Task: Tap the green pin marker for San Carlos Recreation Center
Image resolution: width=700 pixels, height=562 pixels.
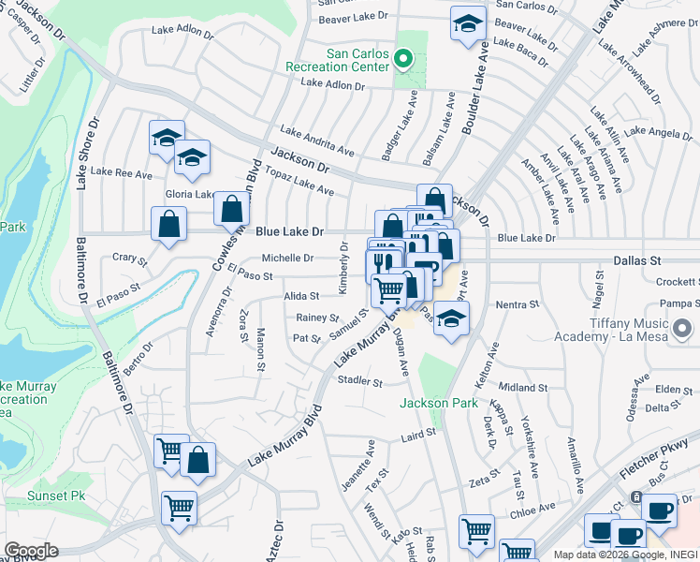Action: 403,60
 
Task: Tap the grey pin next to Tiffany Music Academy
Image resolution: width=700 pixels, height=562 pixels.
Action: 684,329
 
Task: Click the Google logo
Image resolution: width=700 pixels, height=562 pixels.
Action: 31,551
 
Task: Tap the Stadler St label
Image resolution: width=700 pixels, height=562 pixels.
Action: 360,381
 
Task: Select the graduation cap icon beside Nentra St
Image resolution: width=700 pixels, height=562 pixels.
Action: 451,318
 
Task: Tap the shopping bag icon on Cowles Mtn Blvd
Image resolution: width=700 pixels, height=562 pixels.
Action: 231,209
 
